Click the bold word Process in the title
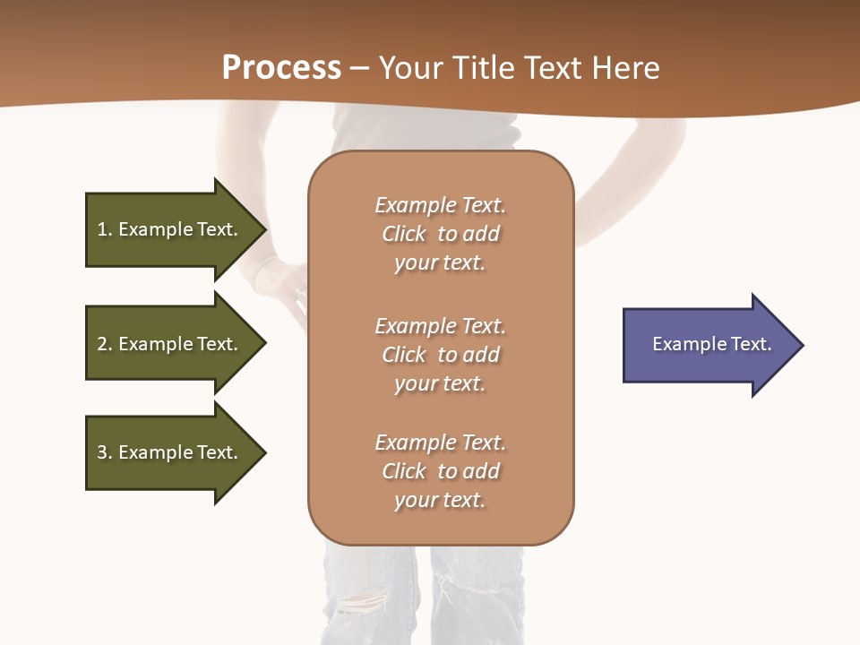281,68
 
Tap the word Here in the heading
626,68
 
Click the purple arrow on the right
708,345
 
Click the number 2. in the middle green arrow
104,344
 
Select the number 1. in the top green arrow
104,229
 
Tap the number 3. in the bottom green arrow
104,452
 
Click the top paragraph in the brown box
440,234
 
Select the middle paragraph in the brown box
440,355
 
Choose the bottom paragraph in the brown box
440,471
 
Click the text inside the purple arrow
711,344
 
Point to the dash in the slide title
359,69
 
